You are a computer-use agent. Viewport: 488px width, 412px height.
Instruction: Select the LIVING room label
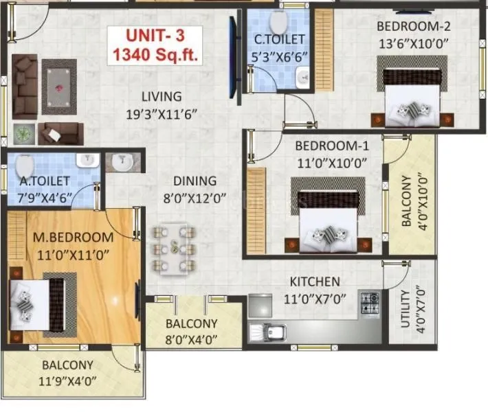(162, 96)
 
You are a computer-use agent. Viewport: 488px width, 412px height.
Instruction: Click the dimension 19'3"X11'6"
(162, 113)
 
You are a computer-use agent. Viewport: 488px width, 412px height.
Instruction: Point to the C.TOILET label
(278, 40)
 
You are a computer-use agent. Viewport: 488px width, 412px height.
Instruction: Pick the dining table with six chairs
(177, 248)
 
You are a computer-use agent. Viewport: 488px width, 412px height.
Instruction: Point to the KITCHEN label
(314, 282)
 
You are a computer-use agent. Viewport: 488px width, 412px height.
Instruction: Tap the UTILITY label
(406, 308)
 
